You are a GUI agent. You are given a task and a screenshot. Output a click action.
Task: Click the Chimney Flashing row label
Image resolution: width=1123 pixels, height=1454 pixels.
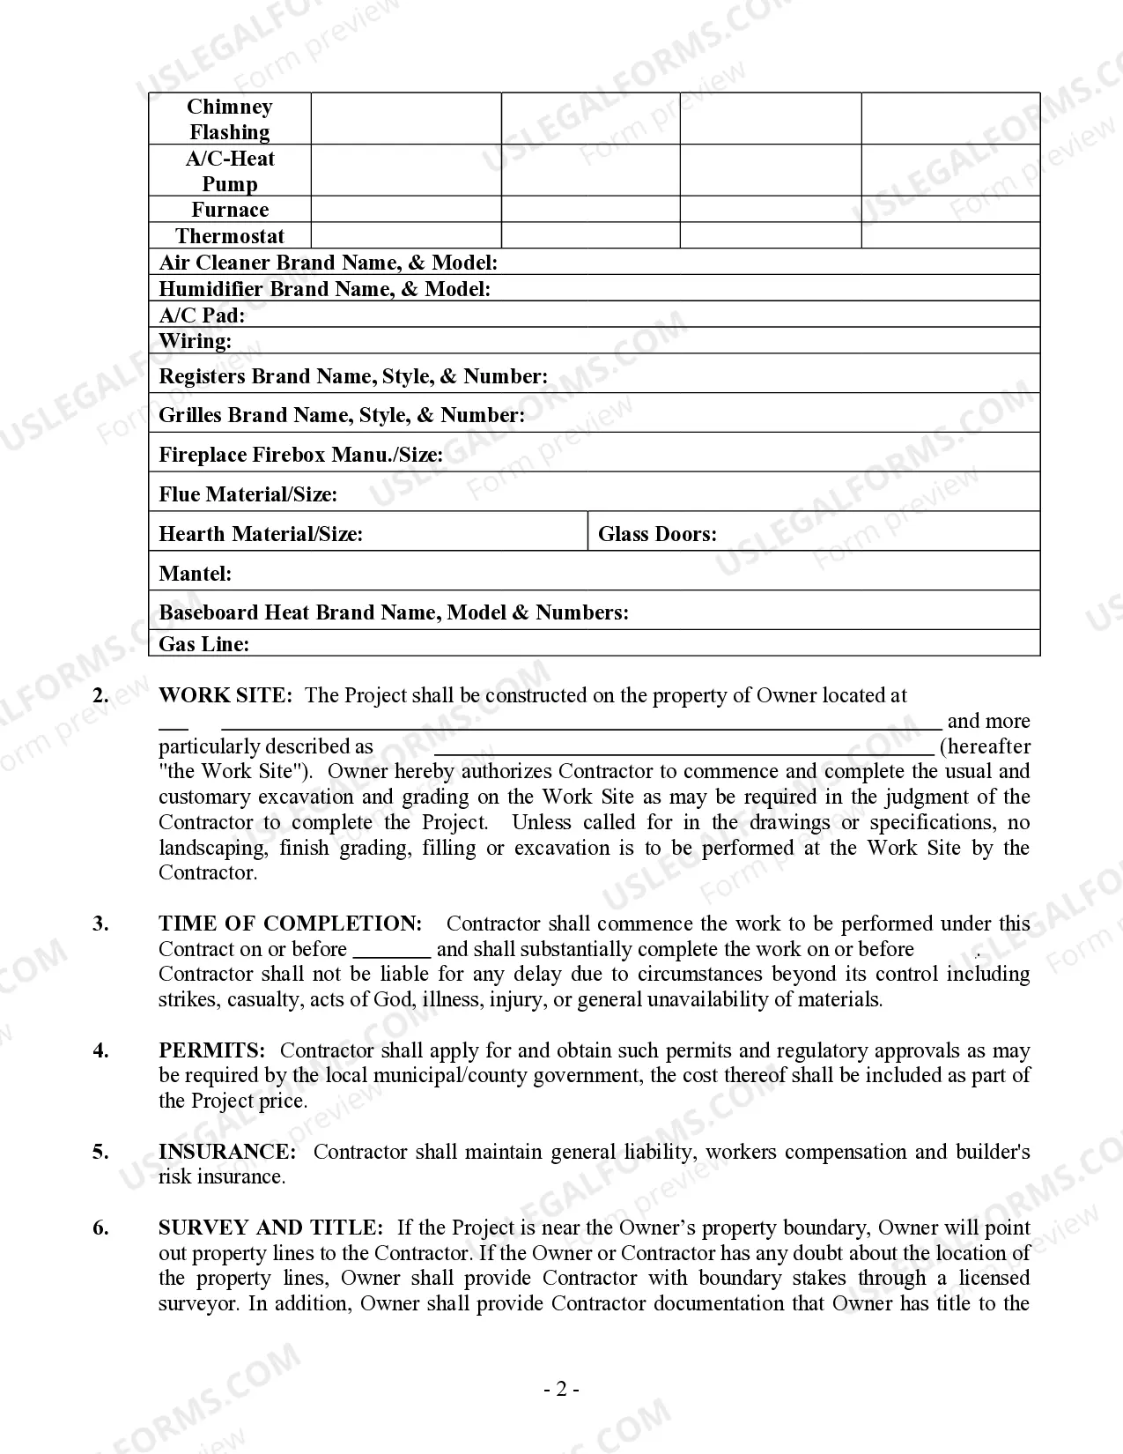tap(230, 119)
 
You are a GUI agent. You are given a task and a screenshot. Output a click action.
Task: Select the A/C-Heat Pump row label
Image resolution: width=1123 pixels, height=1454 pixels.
tap(230, 171)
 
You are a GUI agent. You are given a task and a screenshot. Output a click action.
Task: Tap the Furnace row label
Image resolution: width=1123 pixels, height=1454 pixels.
tap(230, 210)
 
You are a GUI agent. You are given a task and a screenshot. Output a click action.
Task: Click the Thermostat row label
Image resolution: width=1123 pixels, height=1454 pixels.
tap(230, 236)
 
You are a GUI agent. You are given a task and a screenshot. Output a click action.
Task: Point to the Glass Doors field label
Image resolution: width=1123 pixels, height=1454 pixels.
tap(657, 534)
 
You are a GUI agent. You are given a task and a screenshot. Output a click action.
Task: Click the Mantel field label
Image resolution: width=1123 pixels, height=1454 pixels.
tap(196, 574)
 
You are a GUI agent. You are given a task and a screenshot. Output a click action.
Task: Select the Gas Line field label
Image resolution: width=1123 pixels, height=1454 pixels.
tap(203, 644)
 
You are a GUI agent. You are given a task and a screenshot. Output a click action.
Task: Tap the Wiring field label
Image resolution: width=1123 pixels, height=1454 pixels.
tap(196, 341)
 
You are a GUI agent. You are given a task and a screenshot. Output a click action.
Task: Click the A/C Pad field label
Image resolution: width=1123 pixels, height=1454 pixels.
tap(202, 315)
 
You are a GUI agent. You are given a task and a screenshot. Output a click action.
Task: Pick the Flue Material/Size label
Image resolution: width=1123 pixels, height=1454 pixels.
tap(248, 494)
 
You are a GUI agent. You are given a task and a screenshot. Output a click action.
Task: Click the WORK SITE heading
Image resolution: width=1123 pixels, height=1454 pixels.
tap(225, 695)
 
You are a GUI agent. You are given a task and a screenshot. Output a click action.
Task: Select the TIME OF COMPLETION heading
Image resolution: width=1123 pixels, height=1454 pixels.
tap(291, 924)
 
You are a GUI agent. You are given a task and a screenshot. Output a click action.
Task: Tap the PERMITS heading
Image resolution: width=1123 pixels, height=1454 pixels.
tap(211, 1050)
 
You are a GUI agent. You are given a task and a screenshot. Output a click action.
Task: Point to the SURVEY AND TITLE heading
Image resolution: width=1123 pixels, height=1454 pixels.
tap(270, 1228)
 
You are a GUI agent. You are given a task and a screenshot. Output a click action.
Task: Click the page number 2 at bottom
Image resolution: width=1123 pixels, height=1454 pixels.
tap(561, 1390)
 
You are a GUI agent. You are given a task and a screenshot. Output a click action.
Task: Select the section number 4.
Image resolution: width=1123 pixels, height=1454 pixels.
tap(101, 1050)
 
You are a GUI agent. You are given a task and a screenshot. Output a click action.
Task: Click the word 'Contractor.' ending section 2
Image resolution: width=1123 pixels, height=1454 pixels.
tap(208, 873)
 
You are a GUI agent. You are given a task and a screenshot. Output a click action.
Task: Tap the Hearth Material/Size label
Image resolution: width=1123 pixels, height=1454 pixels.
tap(261, 534)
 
